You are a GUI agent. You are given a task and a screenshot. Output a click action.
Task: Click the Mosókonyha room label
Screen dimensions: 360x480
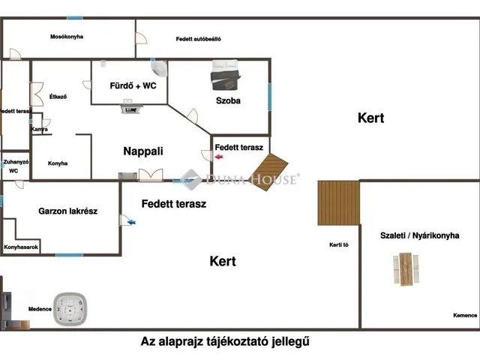click(66, 37)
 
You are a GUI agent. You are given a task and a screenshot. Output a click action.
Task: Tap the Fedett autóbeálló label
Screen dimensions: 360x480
click(198, 38)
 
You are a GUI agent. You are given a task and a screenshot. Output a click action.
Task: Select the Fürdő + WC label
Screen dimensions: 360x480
click(133, 86)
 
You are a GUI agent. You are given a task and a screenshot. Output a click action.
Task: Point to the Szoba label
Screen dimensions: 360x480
click(228, 100)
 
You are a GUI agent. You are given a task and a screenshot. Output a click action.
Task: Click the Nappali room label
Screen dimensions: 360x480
click(143, 151)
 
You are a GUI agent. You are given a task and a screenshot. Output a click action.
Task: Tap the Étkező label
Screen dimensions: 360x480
click(58, 97)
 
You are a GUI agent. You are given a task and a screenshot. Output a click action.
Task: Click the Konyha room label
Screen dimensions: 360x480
click(58, 163)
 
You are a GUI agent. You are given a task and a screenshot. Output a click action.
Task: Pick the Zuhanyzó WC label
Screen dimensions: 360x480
click(16, 166)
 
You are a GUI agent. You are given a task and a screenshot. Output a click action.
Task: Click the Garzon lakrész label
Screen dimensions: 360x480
click(67, 211)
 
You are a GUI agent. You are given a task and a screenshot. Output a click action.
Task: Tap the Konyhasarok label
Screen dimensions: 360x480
click(22, 247)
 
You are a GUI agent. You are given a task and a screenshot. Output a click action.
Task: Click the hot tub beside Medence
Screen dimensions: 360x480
click(71, 308)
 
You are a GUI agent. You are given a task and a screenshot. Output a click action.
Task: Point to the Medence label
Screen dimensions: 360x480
click(40, 309)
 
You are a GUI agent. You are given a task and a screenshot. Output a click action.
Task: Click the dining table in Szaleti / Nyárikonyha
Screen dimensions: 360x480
click(406, 268)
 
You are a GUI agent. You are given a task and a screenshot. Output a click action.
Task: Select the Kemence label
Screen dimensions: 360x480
click(464, 315)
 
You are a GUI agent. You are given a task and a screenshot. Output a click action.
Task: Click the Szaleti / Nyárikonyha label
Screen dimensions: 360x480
click(419, 235)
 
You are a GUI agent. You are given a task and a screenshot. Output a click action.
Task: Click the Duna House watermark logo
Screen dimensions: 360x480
click(240, 178)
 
